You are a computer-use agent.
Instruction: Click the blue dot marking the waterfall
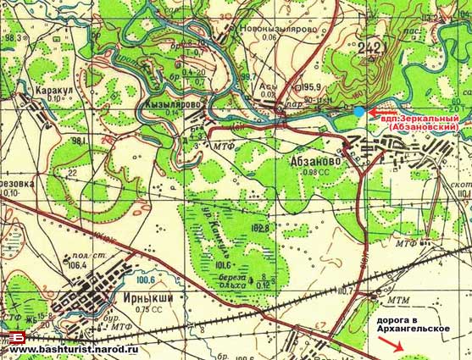360,112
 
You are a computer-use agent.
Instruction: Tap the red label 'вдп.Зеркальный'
421,119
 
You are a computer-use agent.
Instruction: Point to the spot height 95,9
311,86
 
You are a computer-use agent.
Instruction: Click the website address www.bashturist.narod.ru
73,349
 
